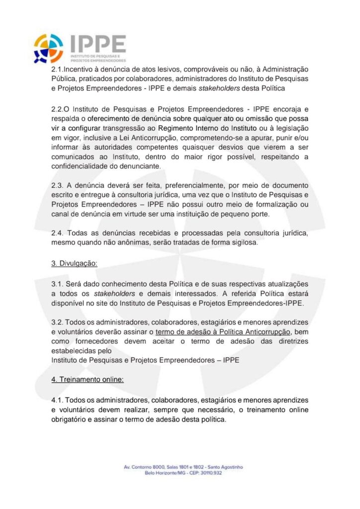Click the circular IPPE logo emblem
point(49,48)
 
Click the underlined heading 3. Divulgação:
point(75,263)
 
